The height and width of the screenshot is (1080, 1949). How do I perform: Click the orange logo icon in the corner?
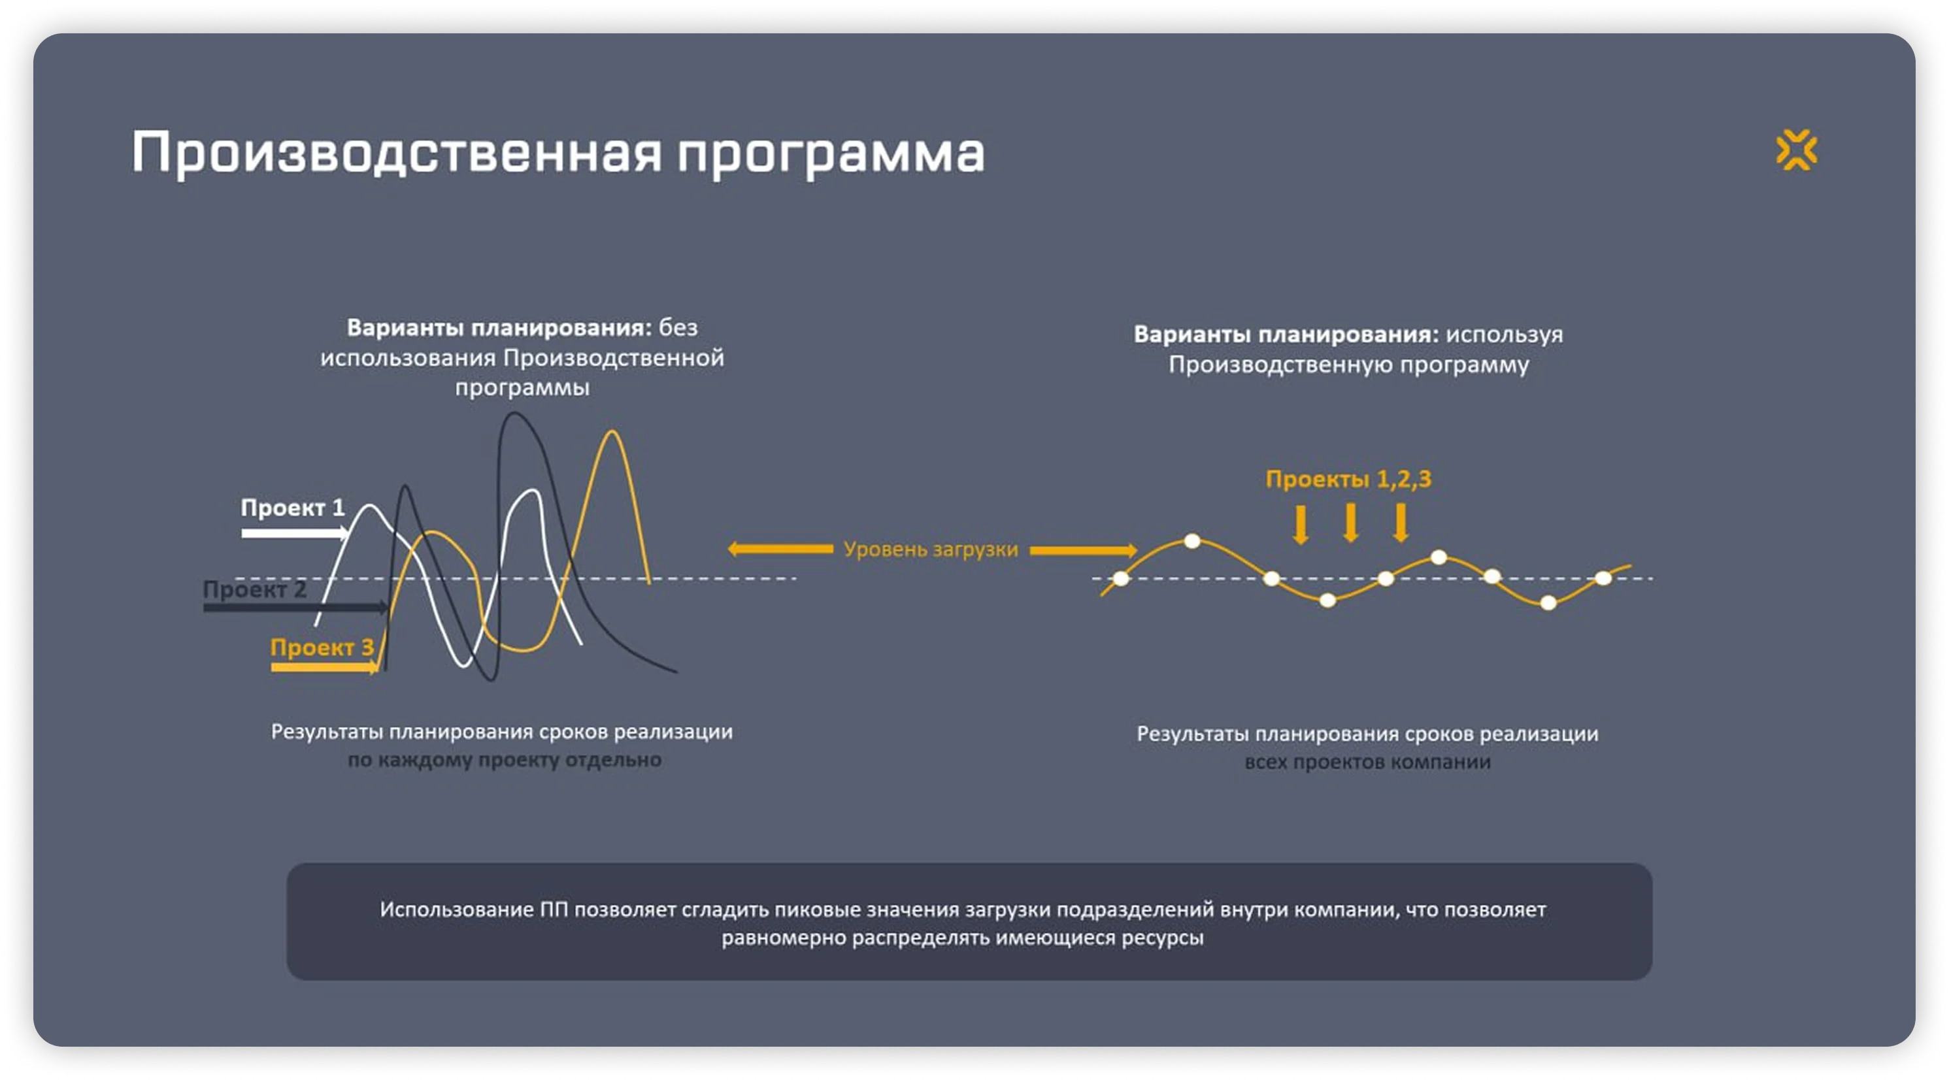1796,150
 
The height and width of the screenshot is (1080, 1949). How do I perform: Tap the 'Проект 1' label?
293,508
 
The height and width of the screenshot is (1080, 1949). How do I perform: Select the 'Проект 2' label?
254,589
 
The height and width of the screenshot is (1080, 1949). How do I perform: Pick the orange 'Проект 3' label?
322,647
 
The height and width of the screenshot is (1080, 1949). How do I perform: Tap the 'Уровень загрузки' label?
931,549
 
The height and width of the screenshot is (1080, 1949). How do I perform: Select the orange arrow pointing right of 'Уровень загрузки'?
1084,551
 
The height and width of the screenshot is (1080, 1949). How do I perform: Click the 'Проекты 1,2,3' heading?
1348,479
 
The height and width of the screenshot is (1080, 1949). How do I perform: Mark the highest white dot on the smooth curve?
1192,541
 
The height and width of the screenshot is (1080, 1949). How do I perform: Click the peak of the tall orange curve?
611,432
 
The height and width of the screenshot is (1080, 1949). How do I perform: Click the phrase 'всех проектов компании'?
1367,762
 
